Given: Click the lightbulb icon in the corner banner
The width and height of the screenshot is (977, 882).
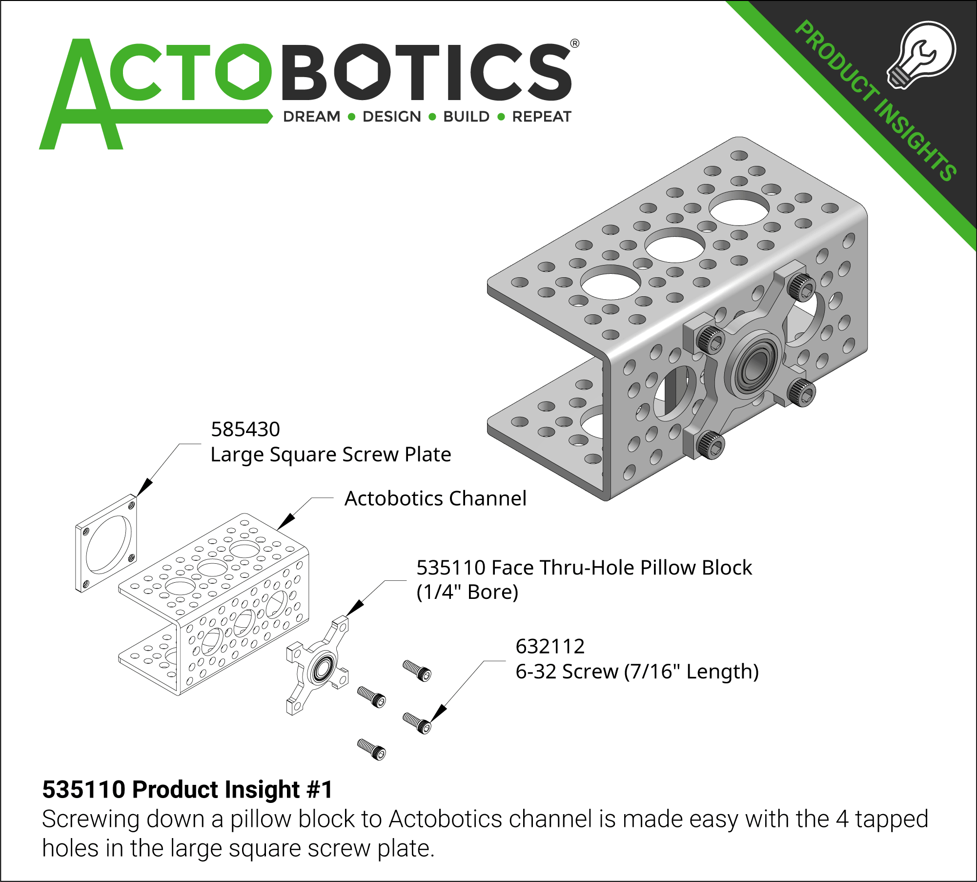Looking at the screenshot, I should pyautogui.click(x=921, y=54).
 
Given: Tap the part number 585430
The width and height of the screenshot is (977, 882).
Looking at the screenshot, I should pyautogui.click(x=245, y=430).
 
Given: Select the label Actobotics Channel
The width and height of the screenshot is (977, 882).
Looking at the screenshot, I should pyautogui.click(x=435, y=499).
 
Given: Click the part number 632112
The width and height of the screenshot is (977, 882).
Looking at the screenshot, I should pyautogui.click(x=550, y=647).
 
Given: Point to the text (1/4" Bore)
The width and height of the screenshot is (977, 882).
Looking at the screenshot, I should pyautogui.click(x=467, y=592).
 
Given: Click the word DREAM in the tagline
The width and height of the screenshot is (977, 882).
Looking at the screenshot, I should pyautogui.click(x=312, y=117).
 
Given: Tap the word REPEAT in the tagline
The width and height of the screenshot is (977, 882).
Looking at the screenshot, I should pyautogui.click(x=542, y=117).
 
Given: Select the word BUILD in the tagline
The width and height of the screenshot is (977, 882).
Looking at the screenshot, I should pyautogui.click(x=466, y=117).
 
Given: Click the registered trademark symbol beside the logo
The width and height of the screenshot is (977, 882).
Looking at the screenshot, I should pyautogui.click(x=575, y=43).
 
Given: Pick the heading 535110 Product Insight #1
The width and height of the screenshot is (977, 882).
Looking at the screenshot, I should pyautogui.click(x=187, y=789).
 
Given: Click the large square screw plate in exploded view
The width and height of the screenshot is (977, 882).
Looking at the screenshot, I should pyautogui.click(x=106, y=543).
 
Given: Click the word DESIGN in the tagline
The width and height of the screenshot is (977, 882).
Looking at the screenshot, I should pyautogui.click(x=391, y=117).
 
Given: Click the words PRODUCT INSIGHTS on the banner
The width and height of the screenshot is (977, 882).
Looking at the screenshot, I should pyautogui.click(x=876, y=100).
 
